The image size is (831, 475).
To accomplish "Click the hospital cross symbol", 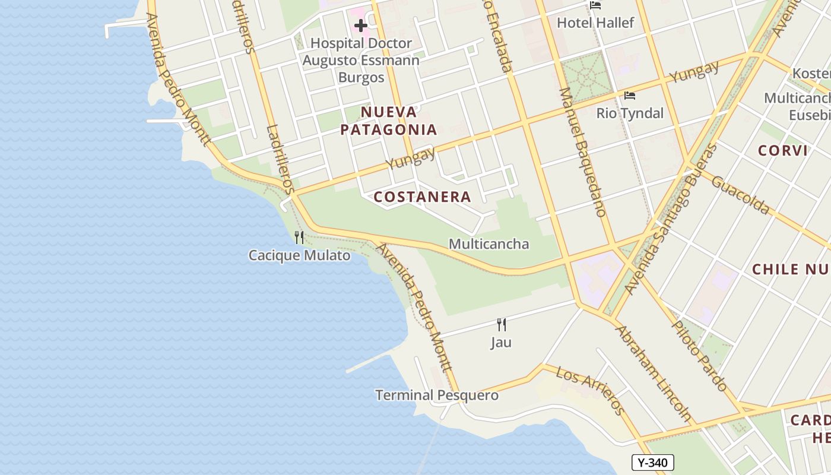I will click(x=360, y=26).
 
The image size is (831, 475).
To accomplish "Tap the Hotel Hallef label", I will click(x=595, y=23).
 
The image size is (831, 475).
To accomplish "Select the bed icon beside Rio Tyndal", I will click(x=630, y=95).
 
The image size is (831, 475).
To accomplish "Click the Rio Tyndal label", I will click(x=630, y=113).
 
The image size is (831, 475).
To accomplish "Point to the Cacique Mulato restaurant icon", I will click(x=299, y=237).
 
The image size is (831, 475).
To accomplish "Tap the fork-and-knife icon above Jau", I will click(x=502, y=324).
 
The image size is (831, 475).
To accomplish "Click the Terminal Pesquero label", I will click(x=437, y=395).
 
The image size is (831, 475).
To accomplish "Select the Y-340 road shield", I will click(x=652, y=463).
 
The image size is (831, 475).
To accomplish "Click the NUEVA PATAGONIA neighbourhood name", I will click(x=389, y=121).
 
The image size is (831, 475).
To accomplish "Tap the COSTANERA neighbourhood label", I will click(x=423, y=197).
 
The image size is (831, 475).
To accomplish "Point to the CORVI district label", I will click(x=783, y=150).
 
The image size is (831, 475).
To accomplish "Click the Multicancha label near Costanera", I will click(x=489, y=243).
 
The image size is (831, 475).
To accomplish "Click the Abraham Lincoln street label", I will click(x=654, y=373).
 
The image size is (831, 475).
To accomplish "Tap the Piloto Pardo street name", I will click(x=699, y=356).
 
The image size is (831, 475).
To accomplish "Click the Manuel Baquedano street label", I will click(x=582, y=152).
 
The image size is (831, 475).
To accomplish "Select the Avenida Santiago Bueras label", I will click(x=671, y=219).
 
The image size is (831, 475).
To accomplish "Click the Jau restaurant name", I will click(x=501, y=343).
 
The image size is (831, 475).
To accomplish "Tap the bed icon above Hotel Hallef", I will click(x=595, y=5).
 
